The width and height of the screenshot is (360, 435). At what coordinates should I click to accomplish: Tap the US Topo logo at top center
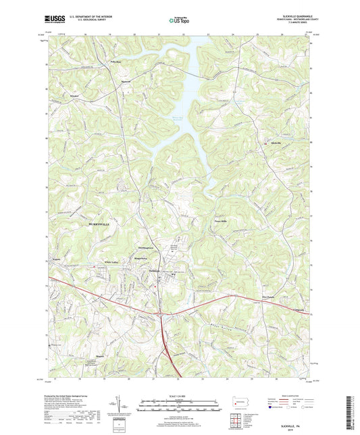point(178,20)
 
